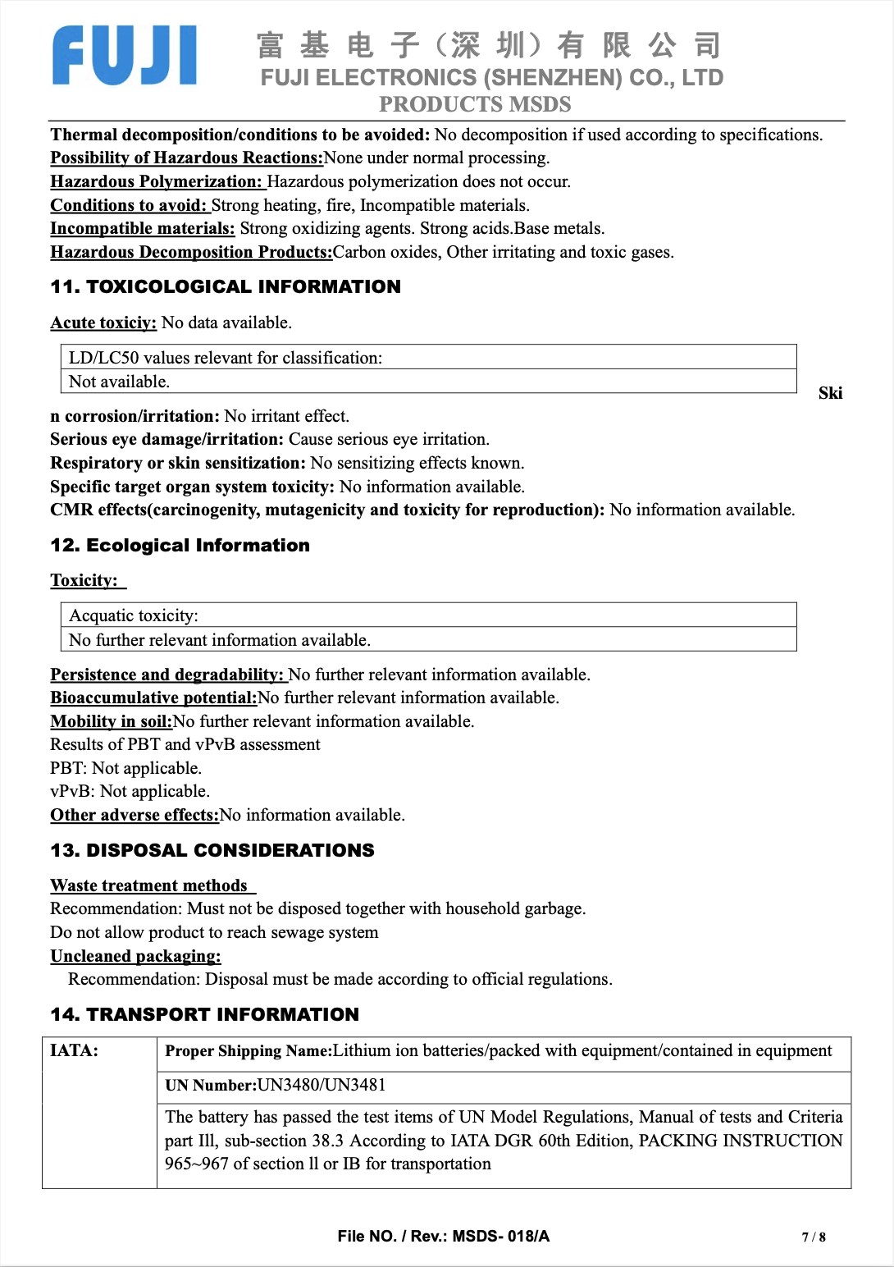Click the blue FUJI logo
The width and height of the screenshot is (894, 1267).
[x=125, y=55]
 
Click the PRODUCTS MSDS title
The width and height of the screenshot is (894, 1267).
[x=475, y=104]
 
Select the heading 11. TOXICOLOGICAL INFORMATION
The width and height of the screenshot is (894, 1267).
[x=226, y=286]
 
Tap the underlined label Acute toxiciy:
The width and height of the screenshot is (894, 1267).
[x=103, y=322]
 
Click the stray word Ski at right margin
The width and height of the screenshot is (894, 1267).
[x=830, y=393]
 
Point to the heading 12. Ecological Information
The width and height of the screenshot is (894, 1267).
[x=180, y=546]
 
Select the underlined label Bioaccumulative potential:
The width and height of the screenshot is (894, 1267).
[x=153, y=698]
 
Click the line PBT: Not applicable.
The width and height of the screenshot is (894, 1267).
[x=125, y=768]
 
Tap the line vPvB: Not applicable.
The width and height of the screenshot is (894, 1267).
[x=130, y=791]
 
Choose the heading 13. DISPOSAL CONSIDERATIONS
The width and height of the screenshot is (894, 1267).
[x=212, y=850]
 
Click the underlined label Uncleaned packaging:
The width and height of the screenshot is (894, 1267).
[x=135, y=956]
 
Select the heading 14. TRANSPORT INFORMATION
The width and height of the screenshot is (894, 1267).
[x=204, y=1014]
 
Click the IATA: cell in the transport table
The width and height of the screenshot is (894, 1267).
[x=74, y=1050]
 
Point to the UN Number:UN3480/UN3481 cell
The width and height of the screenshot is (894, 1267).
[x=275, y=1085]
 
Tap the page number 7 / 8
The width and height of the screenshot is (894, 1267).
[x=814, y=1237]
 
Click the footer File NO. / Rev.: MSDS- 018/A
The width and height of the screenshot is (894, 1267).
[x=443, y=1236]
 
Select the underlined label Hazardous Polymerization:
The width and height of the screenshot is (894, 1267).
[x=156, y=181]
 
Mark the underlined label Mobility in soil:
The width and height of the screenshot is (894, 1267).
[x=111, y=721]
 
